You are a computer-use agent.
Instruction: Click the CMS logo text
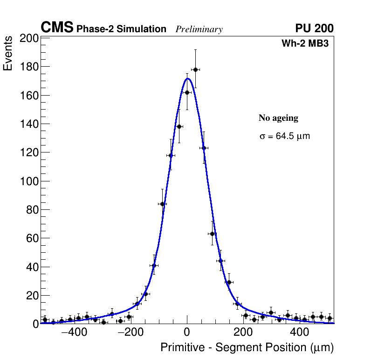point(57,28)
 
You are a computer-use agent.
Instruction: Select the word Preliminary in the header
point(199,29)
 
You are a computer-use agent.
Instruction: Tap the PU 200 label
point(314,28)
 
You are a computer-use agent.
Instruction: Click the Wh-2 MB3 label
point(308,44)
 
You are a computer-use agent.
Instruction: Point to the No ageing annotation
point(278,118)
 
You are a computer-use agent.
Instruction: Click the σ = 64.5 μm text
point(284,137)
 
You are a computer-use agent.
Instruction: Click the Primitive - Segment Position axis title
point(247,348)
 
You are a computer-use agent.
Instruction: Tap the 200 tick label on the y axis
point(29,38)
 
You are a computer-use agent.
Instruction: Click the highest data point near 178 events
point(195,69)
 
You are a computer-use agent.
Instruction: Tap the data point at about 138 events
point(179,126)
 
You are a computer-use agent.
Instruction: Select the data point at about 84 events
point(162,204)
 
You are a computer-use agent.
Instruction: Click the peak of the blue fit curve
point(187,78)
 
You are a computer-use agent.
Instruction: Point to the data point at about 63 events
point(213,234)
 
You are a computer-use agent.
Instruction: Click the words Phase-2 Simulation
point(121,29)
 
